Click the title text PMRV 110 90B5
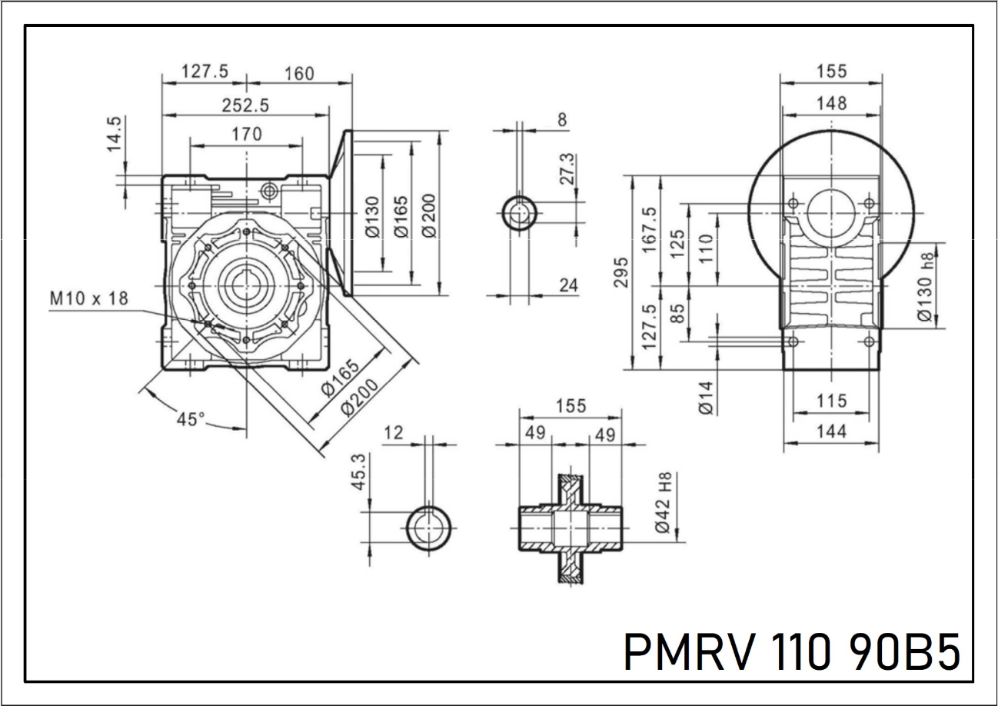pyautogui.click(x=791, y=652)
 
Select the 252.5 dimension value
pyautogui.click(x=246, y=104)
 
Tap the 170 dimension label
pyautogui.click(x=246, y=134)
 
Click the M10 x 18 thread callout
pyautogui.click(x=90, y=298)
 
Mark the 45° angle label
pyautogui.click(x=191, y=420)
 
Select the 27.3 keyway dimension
pyautogui.click(x=566, y=170)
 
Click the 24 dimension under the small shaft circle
pyautogui.click(x=568, y=285)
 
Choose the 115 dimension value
pyautogui.click(x=832, y=401)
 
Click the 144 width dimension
pyautogui.click(x=831, y=431)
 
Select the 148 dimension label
pyautogui.click(x=831, y=102)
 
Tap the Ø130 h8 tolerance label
pyautogui.click(x=926, y=288)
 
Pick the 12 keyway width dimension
pyautogui.click(x=393, y=432)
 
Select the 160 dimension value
pyautogui.click(x=299, y=73)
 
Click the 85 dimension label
pyautogui.click(x=678, y=314)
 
